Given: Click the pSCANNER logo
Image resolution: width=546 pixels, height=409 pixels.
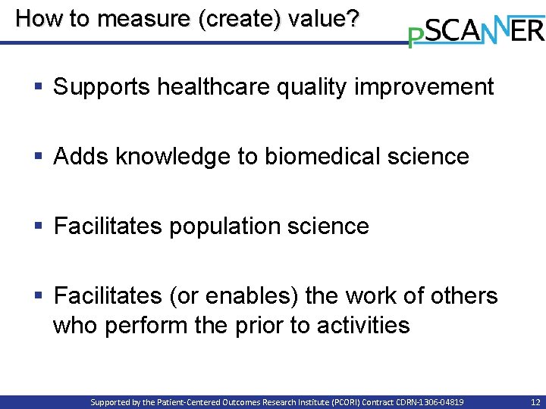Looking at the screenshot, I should click(476, 30).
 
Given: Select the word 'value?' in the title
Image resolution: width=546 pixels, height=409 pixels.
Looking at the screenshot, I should click(322, 18).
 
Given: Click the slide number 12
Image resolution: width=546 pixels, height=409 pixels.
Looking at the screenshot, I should click(535, 402).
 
